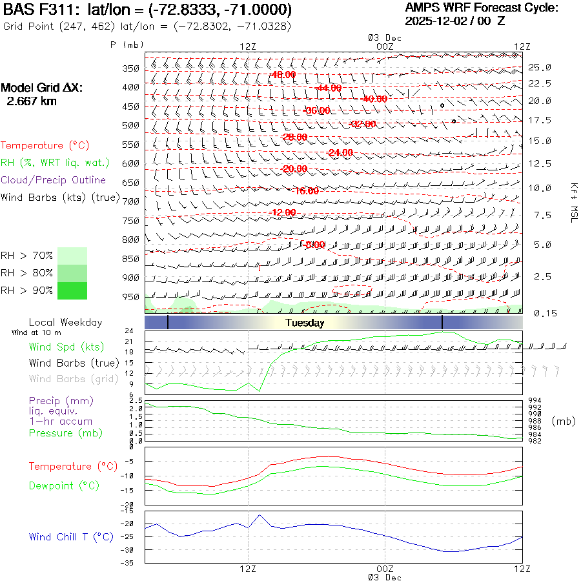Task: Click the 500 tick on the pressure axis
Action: coord(131,125)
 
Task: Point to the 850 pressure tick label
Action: coord(131,259)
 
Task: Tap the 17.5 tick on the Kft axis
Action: coord(539,120)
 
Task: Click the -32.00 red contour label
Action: coord(362,124)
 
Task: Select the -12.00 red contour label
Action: coord(282,212)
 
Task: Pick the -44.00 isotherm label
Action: coord(329,88)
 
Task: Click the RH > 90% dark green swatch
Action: coord(72,291)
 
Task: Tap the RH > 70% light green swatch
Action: coord(72,256)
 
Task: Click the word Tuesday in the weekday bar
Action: coord(305,323)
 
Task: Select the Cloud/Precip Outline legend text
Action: coord(54,180)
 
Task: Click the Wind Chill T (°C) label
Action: coord(70,536)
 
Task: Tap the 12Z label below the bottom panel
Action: coord(249,569)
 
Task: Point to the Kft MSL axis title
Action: coord(573,202)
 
